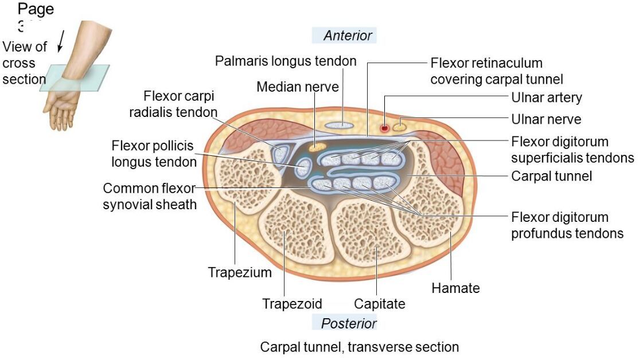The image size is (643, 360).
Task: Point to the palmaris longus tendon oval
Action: pos(343,124)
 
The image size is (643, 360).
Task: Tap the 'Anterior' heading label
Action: pos(348,36)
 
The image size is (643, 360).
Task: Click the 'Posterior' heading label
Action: pos(348,323)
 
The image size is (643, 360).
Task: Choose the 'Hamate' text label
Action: pos(455,288)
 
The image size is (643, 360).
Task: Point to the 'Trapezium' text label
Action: pos(240,272)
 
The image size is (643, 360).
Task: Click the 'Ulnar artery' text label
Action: pos(546,97)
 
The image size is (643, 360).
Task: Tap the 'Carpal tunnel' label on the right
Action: pos(551,176)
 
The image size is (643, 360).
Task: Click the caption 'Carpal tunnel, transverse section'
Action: pos(359,347)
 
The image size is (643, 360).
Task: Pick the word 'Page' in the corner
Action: pos(36,9)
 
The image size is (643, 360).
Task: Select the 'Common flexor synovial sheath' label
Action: pos(149,196)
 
